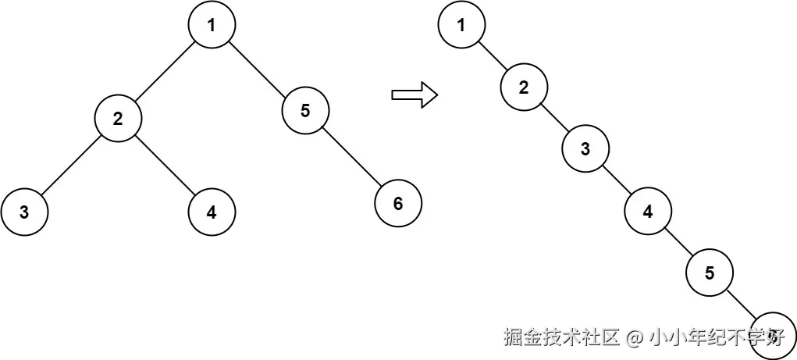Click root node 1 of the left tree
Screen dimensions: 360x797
[x=212, y=25]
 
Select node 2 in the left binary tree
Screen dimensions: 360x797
[x=118, y=119]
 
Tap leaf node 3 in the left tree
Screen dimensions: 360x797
[x=24, y=212]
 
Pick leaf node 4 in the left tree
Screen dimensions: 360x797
[x=212, y=212]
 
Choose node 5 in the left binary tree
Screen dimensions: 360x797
[x=305, y=111]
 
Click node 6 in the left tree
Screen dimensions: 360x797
[x=398, y=204]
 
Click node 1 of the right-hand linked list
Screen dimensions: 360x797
[x=461, y=25]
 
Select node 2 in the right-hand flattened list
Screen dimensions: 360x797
[x=524, y=87]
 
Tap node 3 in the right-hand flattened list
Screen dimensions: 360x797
[x=586, y=149]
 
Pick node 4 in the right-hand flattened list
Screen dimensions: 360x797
[x=648, y=211]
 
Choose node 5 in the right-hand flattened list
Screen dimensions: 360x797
[x=710, y=273]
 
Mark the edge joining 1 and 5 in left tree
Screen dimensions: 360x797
[x=258, y=68]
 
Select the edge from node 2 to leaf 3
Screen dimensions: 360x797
[x=71, y=165]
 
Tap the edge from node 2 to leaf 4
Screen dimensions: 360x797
[x=165, y=165]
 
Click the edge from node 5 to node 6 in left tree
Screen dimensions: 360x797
[x=351, y=157]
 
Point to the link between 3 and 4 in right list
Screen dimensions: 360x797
[x=617, y=180]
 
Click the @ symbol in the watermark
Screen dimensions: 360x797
[x=635, y=337]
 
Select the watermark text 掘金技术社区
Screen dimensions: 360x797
[x=562, y=337]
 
